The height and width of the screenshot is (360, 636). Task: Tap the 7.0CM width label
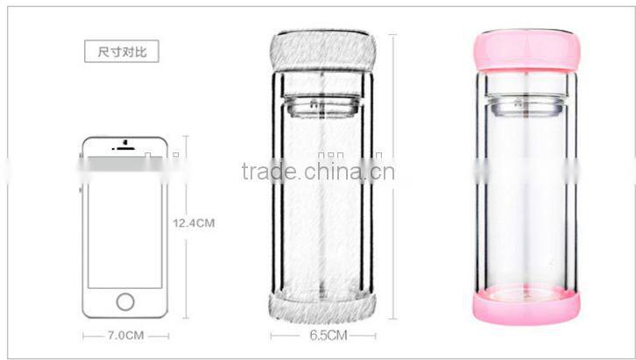(125, 335)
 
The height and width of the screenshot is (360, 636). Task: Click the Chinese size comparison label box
(122, 52)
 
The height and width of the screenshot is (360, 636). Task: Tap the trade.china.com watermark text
(317, 170)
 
